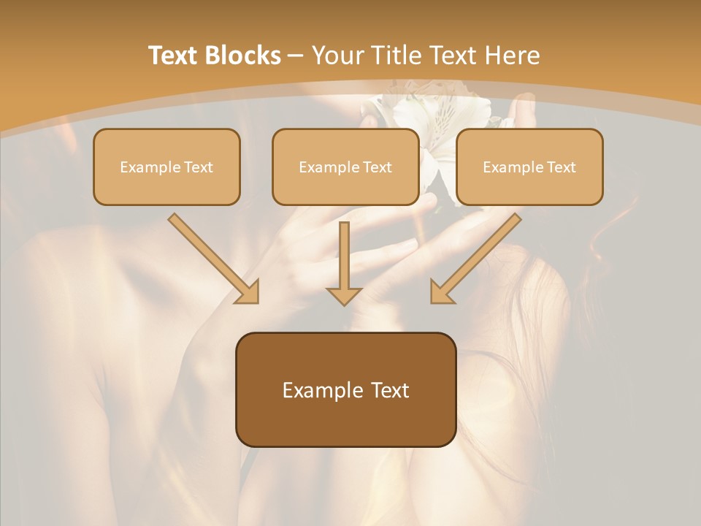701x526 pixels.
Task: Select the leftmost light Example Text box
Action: coord(166,167)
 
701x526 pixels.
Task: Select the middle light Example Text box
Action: coord(345,167)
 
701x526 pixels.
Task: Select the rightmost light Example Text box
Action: coord(529,167)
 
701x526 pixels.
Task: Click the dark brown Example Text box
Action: coord(345,390)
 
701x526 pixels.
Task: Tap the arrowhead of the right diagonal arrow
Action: coord(441,293)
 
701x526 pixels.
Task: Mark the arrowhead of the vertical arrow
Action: coord(344,295)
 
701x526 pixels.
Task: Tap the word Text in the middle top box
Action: coord(378,167)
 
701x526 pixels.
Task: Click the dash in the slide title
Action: coord(296,56)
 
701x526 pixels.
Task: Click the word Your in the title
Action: coord(336,56)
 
